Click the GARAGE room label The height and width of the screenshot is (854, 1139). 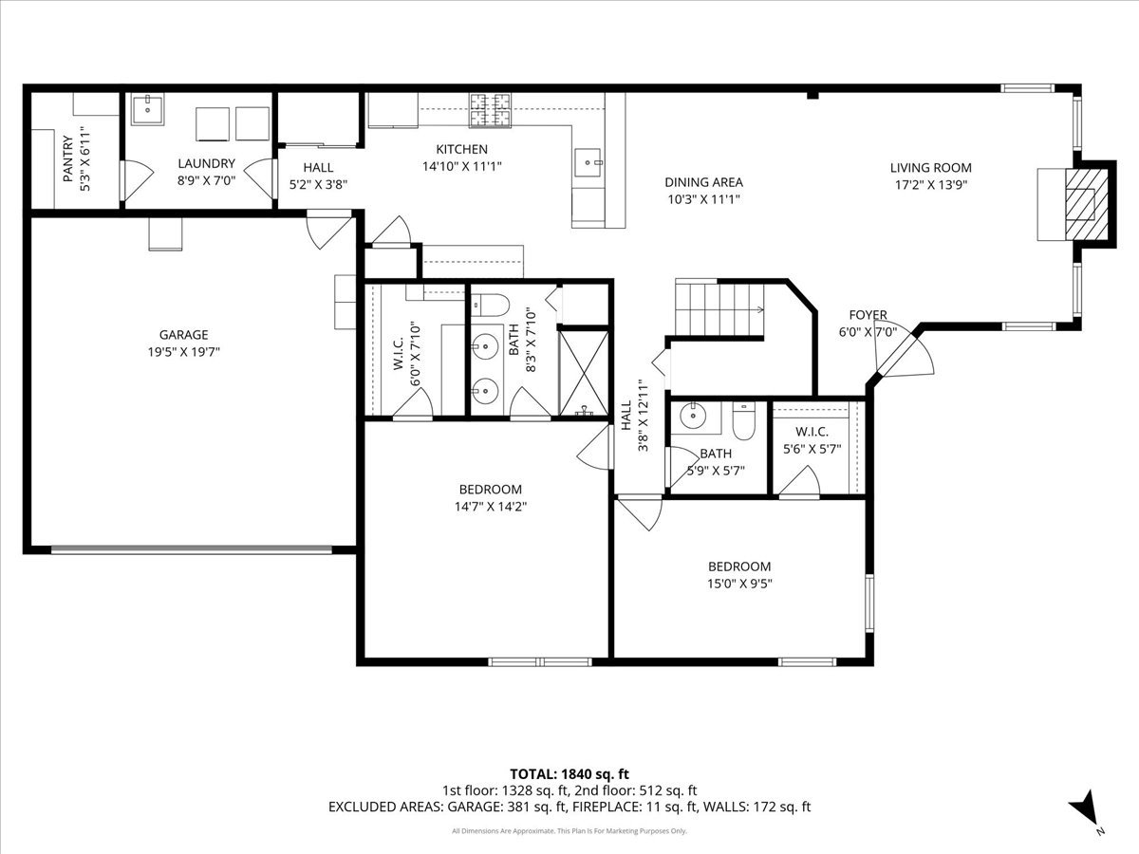184,334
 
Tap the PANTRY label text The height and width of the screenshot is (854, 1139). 67,158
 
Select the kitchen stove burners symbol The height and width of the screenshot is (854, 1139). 490,110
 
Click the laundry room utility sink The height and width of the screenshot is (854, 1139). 147,109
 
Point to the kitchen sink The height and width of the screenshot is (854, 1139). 589,162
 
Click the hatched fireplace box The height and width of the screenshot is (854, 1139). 1087,204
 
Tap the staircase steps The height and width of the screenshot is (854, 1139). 719,309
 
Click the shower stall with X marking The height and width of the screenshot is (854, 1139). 585,373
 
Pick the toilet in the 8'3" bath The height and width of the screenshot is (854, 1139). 490,306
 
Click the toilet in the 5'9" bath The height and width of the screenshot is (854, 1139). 743,422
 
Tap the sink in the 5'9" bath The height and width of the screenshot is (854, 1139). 693,416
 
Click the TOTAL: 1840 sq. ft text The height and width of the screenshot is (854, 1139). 569,774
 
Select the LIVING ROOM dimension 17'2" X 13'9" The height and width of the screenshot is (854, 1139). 931,185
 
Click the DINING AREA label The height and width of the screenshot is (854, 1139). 703,182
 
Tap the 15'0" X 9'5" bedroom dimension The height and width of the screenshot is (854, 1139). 739,584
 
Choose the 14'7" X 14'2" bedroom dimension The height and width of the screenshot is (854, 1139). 491,507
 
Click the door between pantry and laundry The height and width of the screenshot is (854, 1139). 136,180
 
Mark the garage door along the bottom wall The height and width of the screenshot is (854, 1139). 192,549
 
